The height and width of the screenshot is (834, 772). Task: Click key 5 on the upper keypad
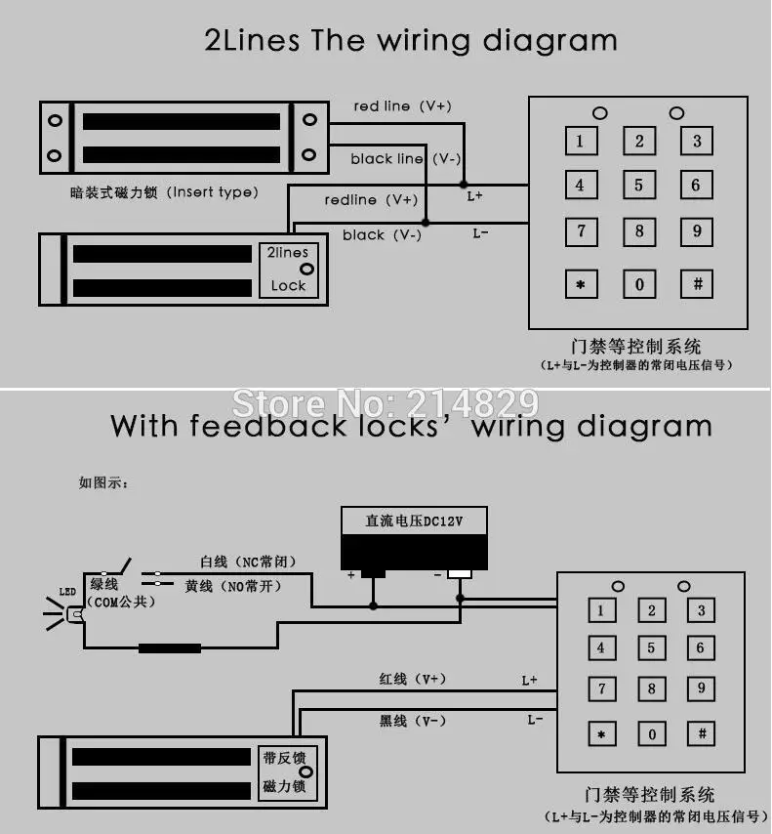click(639, 186)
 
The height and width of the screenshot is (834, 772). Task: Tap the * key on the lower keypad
click(602, 734)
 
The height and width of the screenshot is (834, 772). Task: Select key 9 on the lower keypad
click(701, 688)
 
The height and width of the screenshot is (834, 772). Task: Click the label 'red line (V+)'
click(402, 106)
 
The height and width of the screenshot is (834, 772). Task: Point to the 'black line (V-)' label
click(406, 159)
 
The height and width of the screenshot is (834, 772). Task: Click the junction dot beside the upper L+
click(464, 185)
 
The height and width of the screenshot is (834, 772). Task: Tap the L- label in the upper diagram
click(480, 233)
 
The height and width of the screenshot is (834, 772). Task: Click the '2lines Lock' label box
click(289, 270)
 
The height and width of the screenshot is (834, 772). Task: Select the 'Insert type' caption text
click(213, 192)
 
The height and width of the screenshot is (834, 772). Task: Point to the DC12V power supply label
click(414, 521)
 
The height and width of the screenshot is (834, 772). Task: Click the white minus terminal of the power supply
click(460, 574)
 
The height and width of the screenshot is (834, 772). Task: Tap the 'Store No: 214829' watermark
click(386, 403)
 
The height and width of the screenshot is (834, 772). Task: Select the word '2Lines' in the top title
click(252, 40)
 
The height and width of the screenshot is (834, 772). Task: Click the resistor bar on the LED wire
click(170, 647)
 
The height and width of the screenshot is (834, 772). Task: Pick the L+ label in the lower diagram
click(530, 681)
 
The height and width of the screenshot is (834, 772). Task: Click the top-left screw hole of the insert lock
click(56, 120)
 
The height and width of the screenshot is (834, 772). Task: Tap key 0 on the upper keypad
click(639, 284)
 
